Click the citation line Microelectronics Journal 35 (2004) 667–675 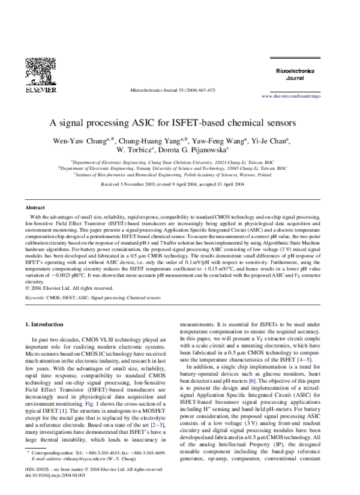(172, 90)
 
